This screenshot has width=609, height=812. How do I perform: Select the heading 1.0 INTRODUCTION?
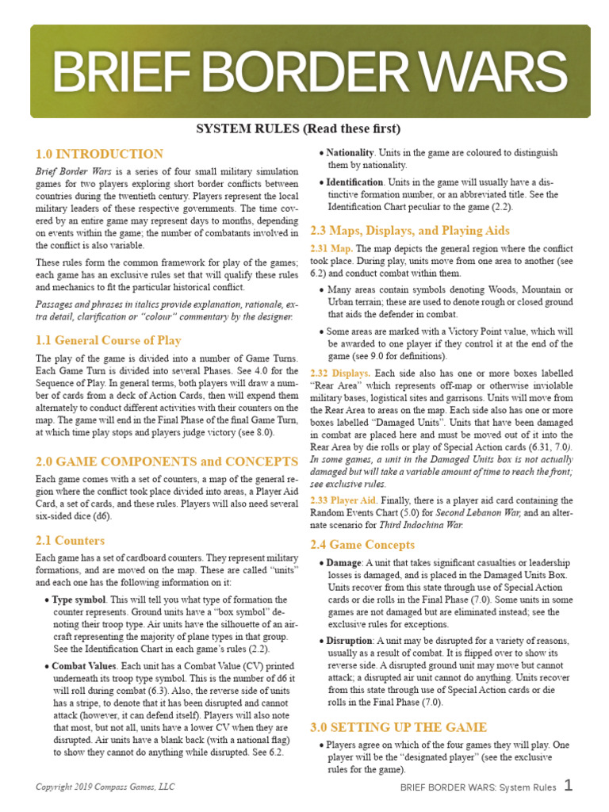[100, 154]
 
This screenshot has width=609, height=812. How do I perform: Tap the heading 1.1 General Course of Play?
[109, 340]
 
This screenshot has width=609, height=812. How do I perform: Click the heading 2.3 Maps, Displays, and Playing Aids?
[408, 231]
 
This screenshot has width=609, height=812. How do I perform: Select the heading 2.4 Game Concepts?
[362, 545]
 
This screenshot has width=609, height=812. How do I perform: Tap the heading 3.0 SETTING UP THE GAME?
[399, 727]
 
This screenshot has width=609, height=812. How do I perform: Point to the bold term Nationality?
[350, 152]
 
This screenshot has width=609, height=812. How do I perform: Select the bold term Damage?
[344, 562]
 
